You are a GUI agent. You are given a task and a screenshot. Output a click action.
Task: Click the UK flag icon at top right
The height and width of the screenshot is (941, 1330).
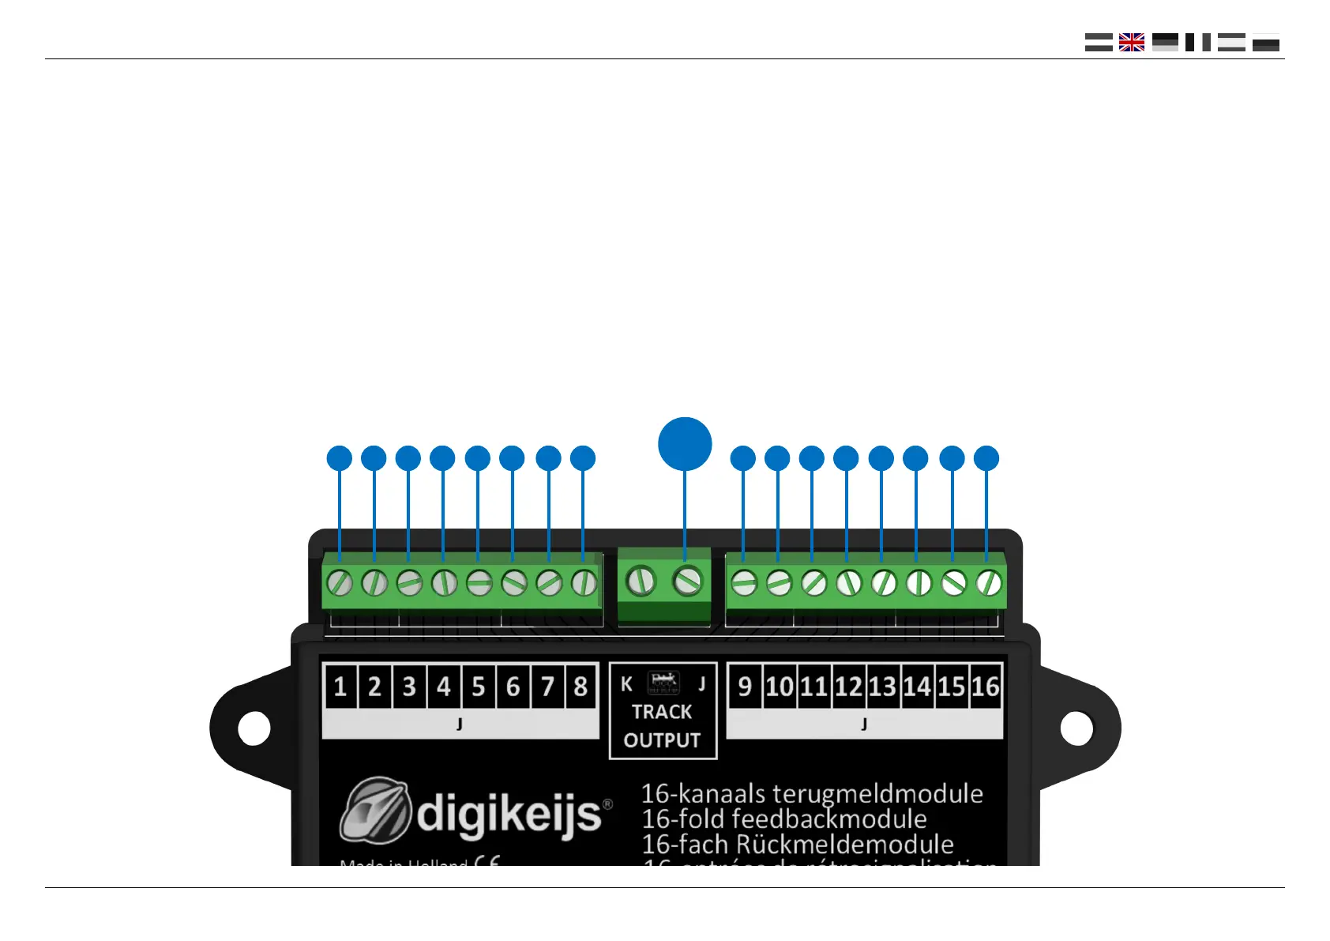(1131, 43)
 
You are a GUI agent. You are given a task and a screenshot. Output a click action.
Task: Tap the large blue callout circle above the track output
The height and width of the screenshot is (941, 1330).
(685, 444)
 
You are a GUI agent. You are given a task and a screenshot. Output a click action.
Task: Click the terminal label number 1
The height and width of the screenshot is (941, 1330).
(340, 686)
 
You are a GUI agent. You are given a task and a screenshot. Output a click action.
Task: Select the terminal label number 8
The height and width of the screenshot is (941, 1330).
(580, 686)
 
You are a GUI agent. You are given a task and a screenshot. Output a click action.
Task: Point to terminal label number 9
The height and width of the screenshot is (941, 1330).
(744, 686)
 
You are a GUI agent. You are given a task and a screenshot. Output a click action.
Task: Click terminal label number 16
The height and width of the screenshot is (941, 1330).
(986, 686)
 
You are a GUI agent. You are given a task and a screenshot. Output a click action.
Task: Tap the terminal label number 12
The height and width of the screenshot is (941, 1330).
(848, 686)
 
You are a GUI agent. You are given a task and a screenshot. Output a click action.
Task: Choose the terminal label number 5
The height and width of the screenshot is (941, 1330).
(478, 686)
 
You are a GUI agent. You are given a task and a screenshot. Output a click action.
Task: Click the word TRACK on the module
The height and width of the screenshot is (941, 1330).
(662, 712)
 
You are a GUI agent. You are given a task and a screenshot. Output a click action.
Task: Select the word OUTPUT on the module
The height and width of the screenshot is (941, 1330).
(662, 740)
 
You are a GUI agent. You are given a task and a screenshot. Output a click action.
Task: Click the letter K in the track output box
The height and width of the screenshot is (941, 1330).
(626, 684)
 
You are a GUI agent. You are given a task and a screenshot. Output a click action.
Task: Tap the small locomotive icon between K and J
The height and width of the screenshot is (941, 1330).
(663, 682)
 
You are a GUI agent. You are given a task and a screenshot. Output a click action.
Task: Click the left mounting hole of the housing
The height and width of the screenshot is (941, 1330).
(254, 728)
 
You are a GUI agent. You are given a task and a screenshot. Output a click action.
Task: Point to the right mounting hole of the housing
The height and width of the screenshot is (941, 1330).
(1076, 728)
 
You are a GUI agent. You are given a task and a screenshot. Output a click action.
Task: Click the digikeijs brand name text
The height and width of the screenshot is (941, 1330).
(509, 814)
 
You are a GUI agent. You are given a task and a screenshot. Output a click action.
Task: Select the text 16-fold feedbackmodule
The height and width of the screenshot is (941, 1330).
(783, 819)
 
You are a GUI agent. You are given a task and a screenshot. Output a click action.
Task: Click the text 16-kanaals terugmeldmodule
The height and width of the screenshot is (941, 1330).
(812, 793)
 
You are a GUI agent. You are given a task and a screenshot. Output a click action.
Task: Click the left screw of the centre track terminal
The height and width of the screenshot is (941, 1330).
(641, 582)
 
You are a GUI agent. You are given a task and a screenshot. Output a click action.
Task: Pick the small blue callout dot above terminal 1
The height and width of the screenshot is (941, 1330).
(339, 458)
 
